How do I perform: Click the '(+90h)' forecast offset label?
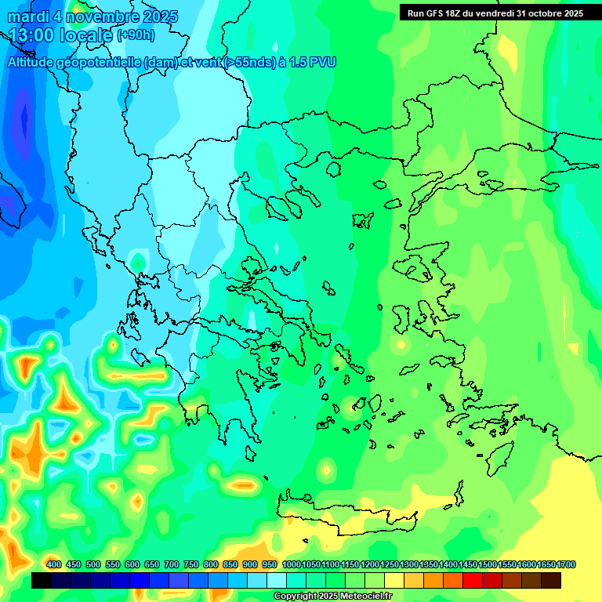click(136, 35)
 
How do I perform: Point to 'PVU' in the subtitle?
click(322, 62)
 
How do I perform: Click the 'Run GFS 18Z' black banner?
click(495, 13)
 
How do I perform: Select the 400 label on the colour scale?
click(54, 565)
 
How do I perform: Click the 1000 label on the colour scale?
click(291, 565)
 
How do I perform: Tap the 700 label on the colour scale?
click(172, 565)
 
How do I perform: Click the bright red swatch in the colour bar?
click(473, 580)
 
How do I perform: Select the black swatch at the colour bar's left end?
click(42, 580)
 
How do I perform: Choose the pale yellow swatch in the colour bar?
click(394, 580)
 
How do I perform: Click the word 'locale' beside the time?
click(88, 34)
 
